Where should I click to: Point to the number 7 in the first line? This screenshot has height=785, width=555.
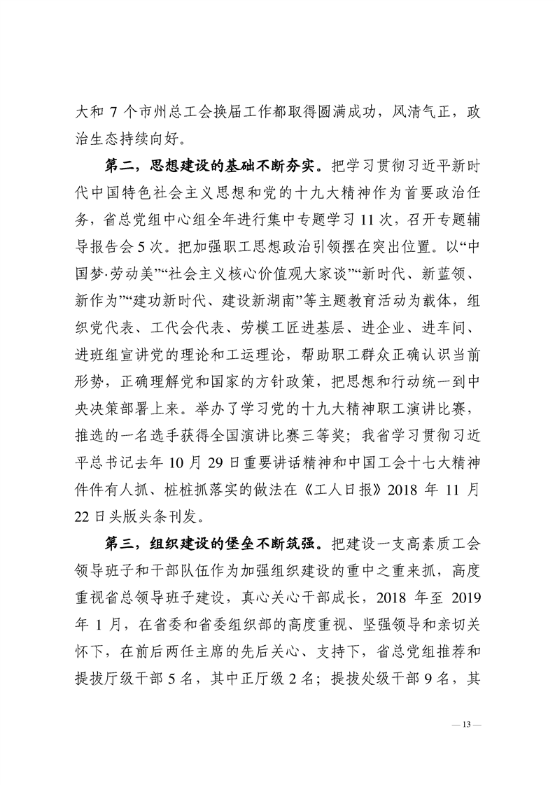click(113, 111)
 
